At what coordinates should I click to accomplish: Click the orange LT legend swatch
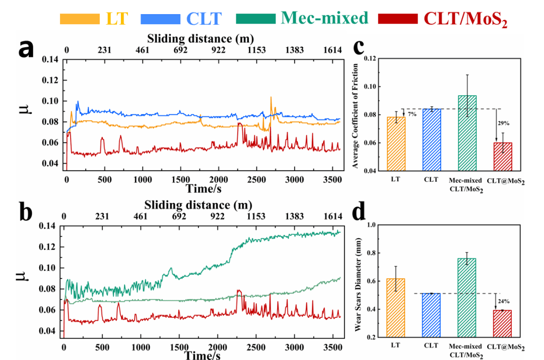click(x=79, y=19)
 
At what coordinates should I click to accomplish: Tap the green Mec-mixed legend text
click(x=324, y=18)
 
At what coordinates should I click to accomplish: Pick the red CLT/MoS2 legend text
click(x=465, y=19)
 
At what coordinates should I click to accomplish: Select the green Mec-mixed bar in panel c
click(x=467, y=133)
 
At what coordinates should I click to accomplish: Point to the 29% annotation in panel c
click(x=502, y=122)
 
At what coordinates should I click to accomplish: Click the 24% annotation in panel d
click(x=502, y=301)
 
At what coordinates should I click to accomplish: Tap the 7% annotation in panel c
click(x=412, y=114)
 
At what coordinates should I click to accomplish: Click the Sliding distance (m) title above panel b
click(x=198, y=205)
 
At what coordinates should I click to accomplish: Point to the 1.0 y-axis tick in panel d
click(x=372, y=225)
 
